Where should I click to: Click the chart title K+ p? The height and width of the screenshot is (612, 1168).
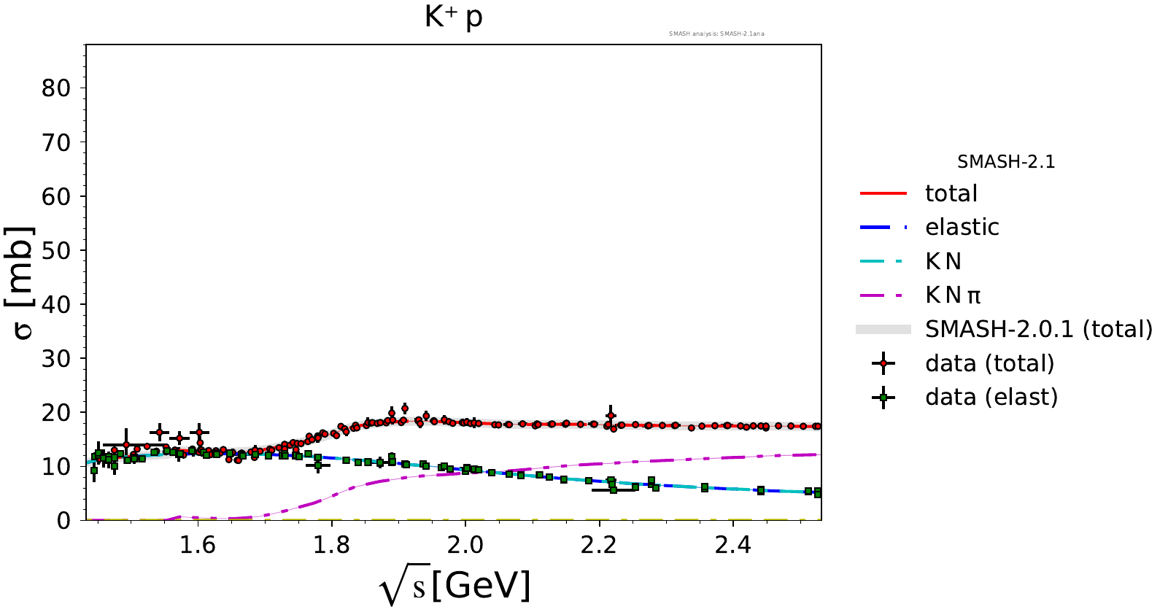(x=453, y=17)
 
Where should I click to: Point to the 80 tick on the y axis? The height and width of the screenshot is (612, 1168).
(x=55, y=88)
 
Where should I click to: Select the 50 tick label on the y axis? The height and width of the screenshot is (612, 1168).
(x=55, y=250)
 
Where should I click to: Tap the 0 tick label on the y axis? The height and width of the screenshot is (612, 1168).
(x=64, y=521)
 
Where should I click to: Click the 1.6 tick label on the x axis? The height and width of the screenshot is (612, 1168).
(x=197, y=546)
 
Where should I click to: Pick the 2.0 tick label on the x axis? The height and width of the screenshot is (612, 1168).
(x=465, y=546)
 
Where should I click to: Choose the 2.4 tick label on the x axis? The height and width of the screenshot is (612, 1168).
(x=732, y=546)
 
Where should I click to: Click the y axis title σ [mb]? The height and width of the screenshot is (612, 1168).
(x=23, y=283)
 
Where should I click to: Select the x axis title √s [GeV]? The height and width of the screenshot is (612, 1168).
(x=455, y=586)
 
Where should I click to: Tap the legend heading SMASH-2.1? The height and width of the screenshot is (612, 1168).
(x=1006, y=162)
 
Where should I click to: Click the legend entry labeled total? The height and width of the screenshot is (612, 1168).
(x=951, y=193)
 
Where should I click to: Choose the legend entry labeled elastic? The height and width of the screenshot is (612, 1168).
(x=962, y=228)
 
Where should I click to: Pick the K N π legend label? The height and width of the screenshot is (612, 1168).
(x=952, y=295)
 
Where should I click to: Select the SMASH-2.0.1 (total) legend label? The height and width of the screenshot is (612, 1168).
(x=1038, y=329)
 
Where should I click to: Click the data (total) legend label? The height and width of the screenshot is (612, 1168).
(x=989, y=363)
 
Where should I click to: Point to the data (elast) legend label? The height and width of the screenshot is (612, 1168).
(x=991, y=397)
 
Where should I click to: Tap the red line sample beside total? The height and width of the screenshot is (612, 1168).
(x=883, y=193)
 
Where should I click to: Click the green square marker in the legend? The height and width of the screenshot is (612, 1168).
(x=883, y=398)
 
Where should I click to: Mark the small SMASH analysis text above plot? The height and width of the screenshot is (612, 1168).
(x=716, y=34)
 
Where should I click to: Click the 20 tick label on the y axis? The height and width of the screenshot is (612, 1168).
(x=55, y=413)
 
